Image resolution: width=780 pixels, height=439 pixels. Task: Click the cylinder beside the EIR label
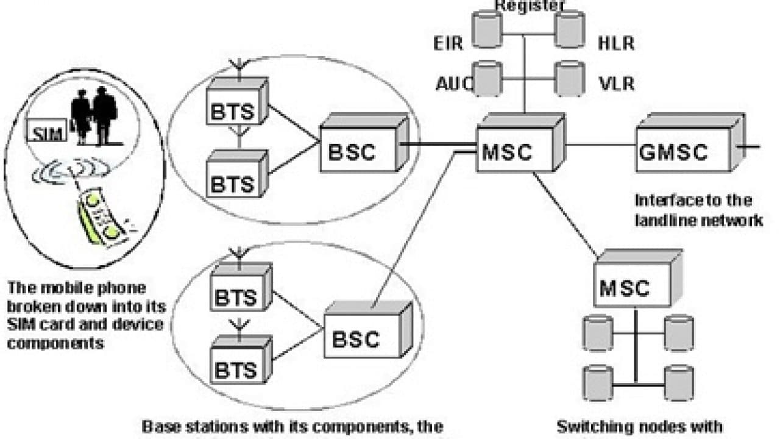pyautogui.click(x=487, y=29)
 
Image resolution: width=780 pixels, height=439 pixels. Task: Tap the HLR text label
pyautogui.click(x=616, y=43)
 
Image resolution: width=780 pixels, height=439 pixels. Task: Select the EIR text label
pyautogui.click(x=448, y=43)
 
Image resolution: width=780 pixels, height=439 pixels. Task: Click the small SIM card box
pyautogui.click(x=46, y=132)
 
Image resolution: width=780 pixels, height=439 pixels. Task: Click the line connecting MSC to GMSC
pyautogui.click(x=601, y=145)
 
